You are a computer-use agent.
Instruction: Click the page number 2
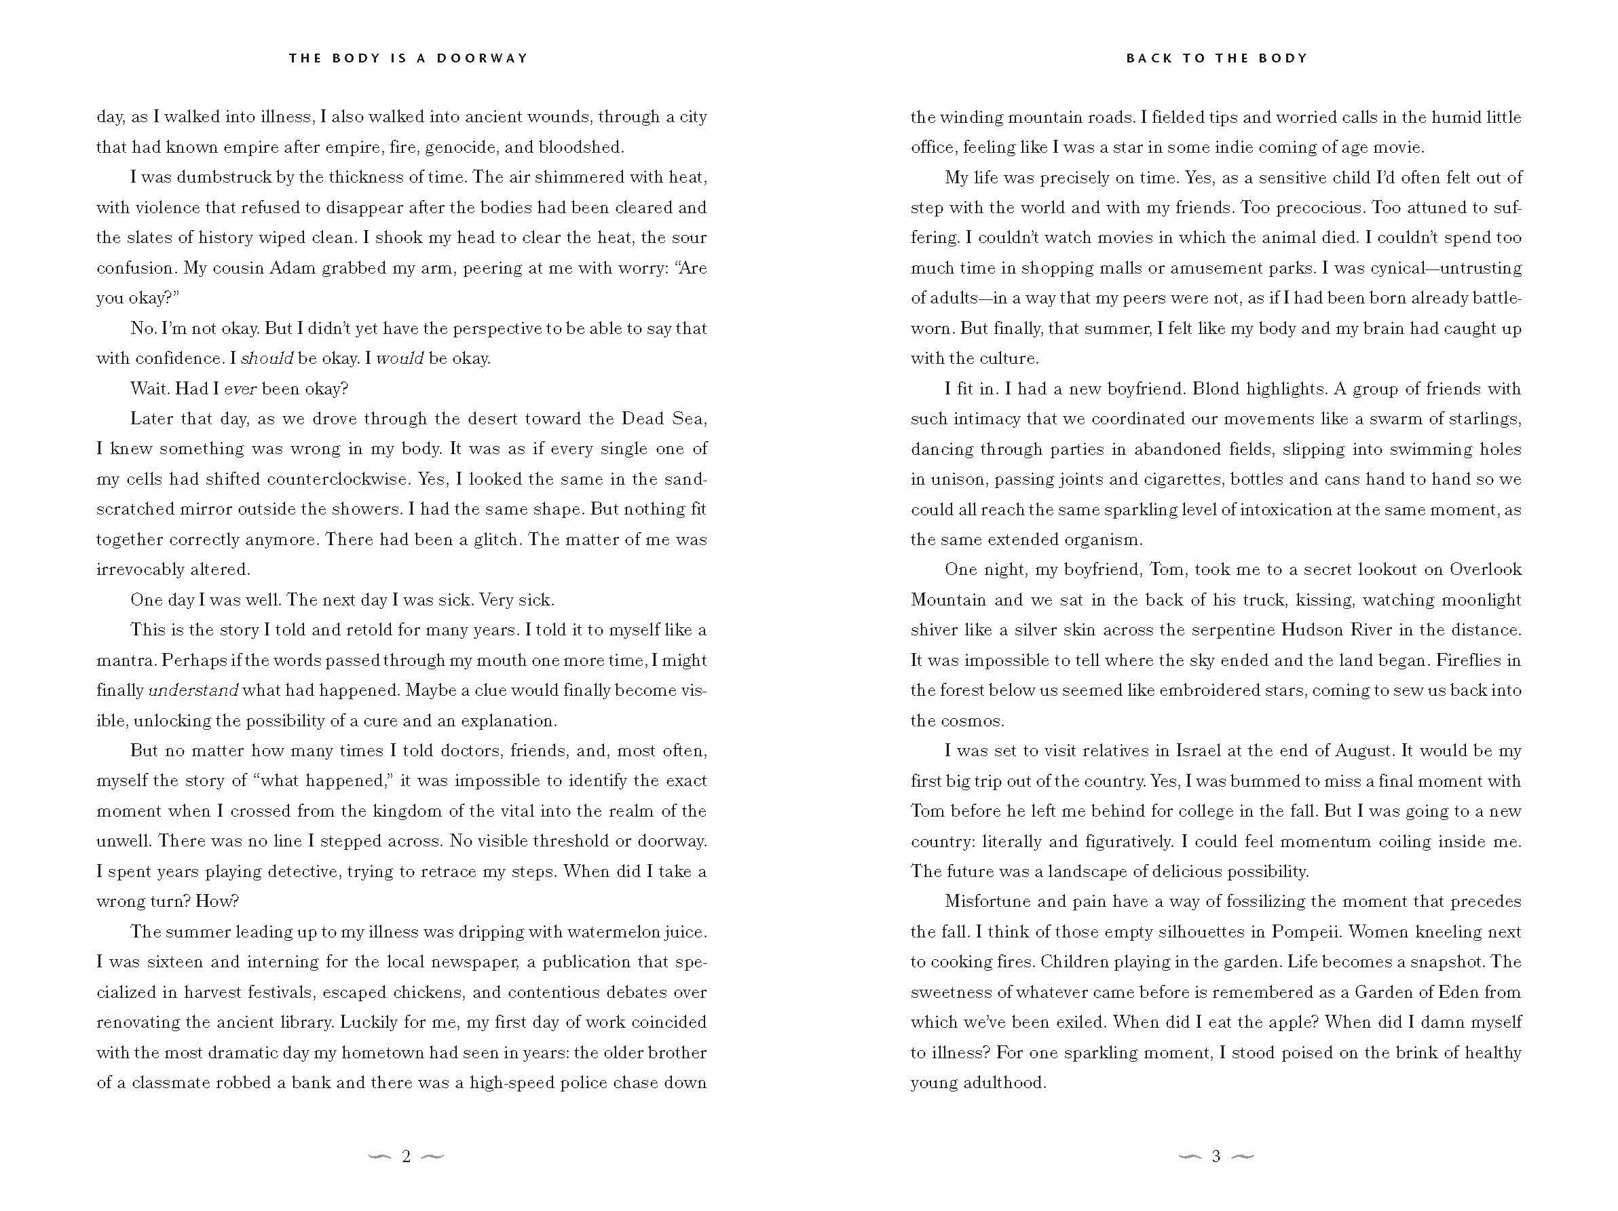[x=406, y=1156]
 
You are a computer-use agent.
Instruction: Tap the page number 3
[x=1216, y=1156]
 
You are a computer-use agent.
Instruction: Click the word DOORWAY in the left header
[x=482, y=58]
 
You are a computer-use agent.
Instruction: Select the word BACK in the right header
[x=1148, y=58]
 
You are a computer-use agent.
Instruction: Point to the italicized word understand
[x=193, y=691]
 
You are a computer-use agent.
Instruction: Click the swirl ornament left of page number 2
[x=380, y=1156]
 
